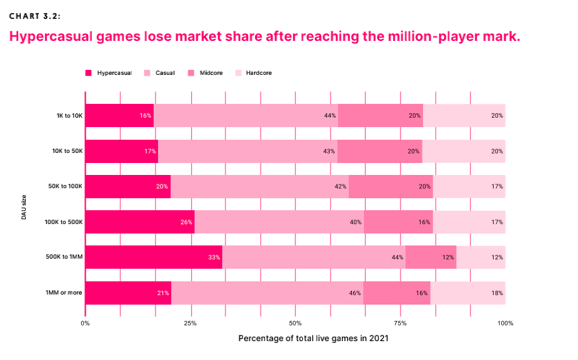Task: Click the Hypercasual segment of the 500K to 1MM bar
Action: tap(154, 257)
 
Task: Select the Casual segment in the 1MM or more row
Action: tap(267, 293)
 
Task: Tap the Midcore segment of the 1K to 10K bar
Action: tap(380, 116)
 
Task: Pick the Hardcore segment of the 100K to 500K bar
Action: tap(468, 222)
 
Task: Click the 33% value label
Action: tap(213, 257)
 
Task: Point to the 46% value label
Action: tap(354, 293)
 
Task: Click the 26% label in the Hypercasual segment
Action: tap(186, 222)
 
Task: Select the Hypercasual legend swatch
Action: tap(89, 73)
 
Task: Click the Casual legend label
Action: tap(165, 73)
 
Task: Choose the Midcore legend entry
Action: tap(210, 73)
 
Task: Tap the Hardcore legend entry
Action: tap(258, 73)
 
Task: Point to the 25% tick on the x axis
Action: tap(190, 323)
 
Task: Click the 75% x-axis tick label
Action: tap(400, 323)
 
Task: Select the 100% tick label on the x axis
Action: tap(505, 323)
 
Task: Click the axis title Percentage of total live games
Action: tap(313, 339)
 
